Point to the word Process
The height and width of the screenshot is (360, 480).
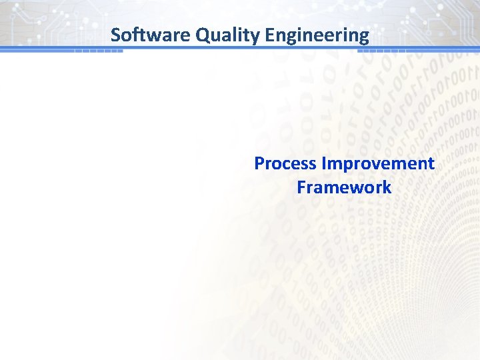pyautogui.click(x=286, y=163)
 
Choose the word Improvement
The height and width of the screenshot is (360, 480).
pyautogui.click(x=378, y=163)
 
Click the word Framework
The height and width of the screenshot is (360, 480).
pyautogui.click(x=344, y=187)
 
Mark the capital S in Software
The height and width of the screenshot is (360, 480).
pyautogui.click(x=115, y=35)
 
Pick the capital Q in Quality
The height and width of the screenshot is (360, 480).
pyautogui.click(x=202, y=35)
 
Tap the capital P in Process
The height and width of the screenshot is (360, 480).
pyautogui.click(x=259, y=163)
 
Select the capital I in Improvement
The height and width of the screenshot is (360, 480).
pyautogui.click(x=324, y=163)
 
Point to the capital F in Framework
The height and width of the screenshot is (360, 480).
pyautogui.click(x=301, y=187)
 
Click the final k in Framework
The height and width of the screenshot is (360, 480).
pyautogui.click(x=387, y=187)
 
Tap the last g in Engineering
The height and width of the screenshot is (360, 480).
pyautogui.click(x=363, y=37)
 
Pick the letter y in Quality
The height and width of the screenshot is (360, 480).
pyautogui.click(x=254, y=37)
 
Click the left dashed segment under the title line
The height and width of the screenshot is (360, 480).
pyautogui.click(x=98, y=51)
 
